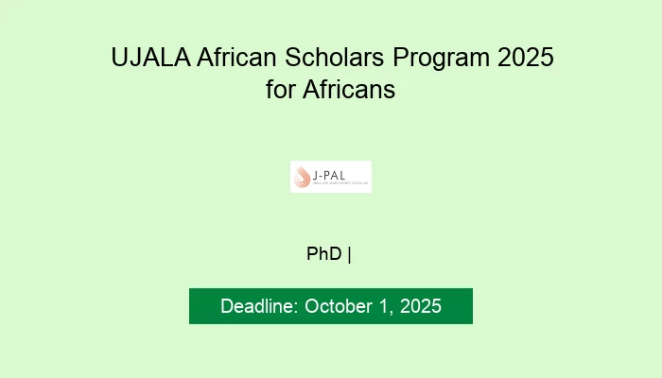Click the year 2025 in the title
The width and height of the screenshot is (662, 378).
(523, 59)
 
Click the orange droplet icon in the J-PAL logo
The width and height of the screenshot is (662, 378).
(304, 177)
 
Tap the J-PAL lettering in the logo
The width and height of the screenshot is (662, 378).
(335, 172)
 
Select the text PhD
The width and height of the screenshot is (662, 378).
(324, 253)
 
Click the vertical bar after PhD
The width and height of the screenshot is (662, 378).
(349, 253)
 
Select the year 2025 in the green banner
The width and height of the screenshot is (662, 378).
(419, 307)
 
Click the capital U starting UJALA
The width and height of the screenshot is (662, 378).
(119, 59)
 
